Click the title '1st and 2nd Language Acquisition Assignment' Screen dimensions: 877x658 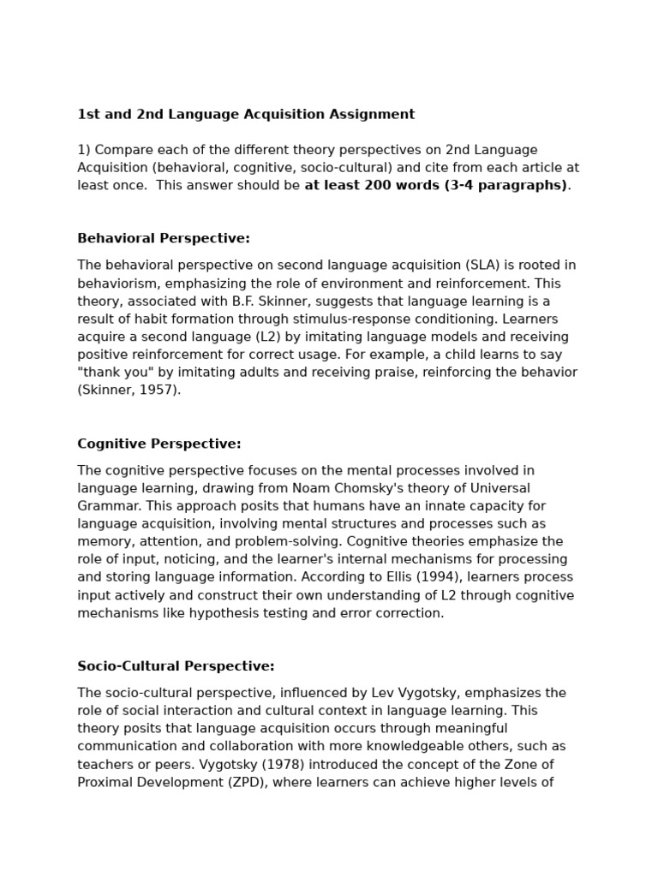pyautogui.click(x=246, y=114)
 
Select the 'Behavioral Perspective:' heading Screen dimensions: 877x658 pyautogui.click(x=164, y=238)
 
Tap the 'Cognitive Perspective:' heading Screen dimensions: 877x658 pyautogui.click(x=159, y=444)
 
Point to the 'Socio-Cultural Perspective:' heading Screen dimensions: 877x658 pyautogui.click(x=176, y=665)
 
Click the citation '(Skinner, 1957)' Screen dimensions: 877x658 pyautogui.click(x=129, y=390)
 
